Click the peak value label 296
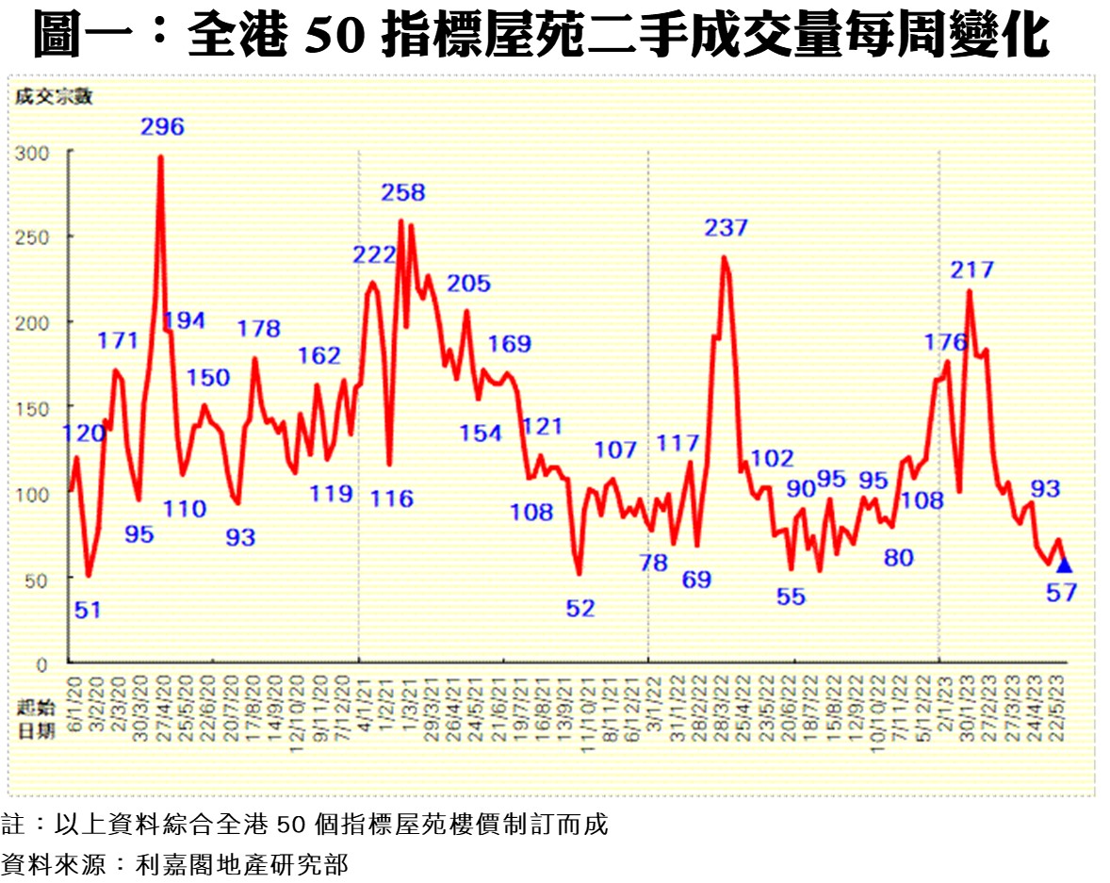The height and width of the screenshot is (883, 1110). pos(162,126)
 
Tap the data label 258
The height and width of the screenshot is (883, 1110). pos(403,193)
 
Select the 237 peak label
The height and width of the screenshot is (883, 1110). pos(726,227)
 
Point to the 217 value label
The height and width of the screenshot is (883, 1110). pos(972,270)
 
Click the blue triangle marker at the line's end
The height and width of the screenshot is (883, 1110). pos(1064,565)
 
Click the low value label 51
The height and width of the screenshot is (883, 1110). pos(87,610)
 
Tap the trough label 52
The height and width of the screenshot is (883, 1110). pos(580,609)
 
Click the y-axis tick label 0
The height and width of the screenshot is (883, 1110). pos(42,664)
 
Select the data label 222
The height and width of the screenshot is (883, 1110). pos(374,254)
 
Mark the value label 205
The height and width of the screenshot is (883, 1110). pos(469,284)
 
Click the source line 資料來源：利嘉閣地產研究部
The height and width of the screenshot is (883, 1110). pos(174,863)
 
